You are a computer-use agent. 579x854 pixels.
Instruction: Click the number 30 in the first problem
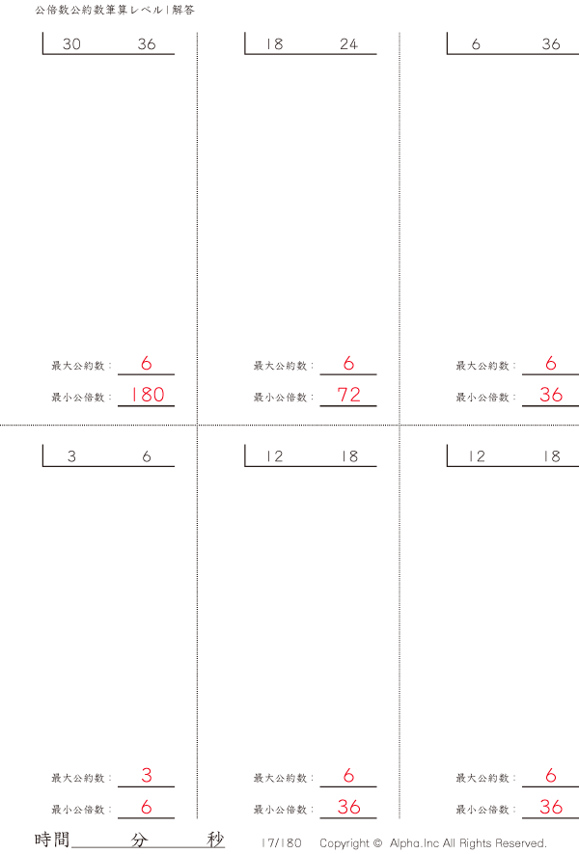pos(71,44)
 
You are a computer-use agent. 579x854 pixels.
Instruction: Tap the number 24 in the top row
pos(348,44)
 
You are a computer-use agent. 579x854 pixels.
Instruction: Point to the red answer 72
pos(348,395)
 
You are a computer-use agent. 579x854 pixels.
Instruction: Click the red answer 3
pos(147,775)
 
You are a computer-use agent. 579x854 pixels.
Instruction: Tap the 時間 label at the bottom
pos(52,840)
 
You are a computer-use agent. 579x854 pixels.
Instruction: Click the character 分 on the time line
pos(139,840)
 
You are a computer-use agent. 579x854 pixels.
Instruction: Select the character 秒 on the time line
pos(215,840)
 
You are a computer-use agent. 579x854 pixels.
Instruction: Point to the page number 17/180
pos(282,843)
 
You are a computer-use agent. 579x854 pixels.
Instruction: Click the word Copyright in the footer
pos(345,843)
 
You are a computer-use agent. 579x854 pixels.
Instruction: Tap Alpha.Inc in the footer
pos(414,843)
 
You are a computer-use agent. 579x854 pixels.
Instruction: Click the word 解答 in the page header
pos(183,10)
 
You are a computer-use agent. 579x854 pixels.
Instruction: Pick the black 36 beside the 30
pos(147,44)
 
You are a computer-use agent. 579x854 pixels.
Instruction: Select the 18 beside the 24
pos(274,44)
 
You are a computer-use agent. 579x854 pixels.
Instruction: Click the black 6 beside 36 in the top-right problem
pos(476,44)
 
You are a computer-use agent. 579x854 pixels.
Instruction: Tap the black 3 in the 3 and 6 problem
pos(71,456)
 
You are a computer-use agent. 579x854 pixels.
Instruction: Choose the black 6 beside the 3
pos(147,456)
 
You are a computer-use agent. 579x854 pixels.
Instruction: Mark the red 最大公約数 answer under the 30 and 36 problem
pos(147,363)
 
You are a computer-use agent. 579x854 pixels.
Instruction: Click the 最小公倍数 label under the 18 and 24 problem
pos(280,397)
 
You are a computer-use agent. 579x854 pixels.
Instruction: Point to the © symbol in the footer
pos(378,843)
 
